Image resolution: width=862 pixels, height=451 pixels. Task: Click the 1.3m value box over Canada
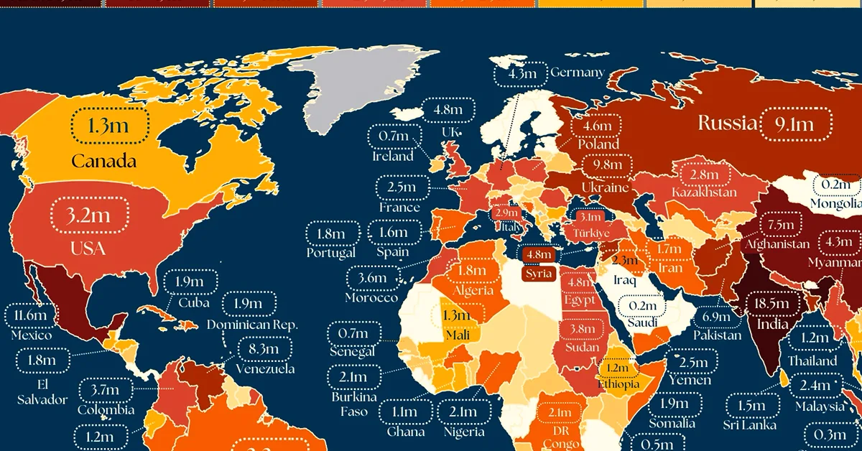(x=110, y=126)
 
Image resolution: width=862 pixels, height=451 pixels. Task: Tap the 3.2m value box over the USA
(x=90, y=215)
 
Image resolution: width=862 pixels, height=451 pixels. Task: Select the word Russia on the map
(x=728, y=124)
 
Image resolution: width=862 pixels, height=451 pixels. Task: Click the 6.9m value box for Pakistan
(x=717, y=316)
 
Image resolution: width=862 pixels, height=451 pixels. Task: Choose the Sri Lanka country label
(x=750, y=424)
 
